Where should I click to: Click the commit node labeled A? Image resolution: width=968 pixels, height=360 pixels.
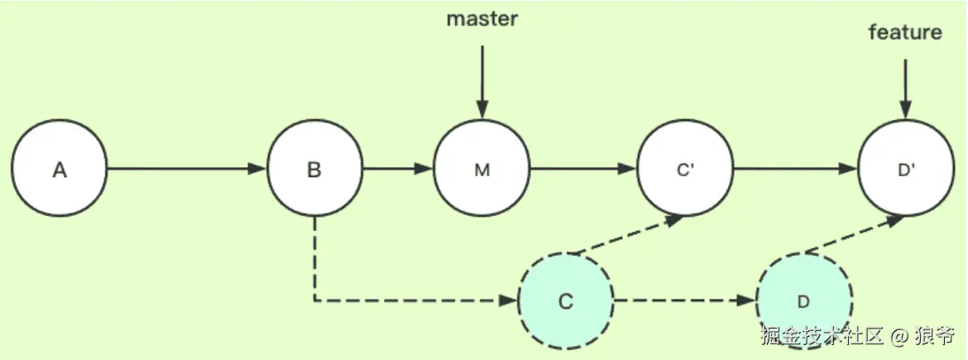tap(60, 170)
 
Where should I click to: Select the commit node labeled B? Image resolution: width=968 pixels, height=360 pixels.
tap(314, 170)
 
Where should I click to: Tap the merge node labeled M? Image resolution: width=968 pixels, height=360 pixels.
tap(482, 170)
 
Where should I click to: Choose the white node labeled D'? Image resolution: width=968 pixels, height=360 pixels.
tap(905, 170)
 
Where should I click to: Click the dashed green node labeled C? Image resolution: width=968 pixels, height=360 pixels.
tap(565, 300)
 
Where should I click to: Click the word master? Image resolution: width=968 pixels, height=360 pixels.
tap(482, 19)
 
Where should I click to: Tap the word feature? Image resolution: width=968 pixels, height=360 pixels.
tap(905, 32)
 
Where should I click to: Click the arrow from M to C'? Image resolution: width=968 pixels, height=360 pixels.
tap(582, 170)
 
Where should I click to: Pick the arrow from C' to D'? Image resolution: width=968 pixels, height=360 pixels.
tap(794, 170)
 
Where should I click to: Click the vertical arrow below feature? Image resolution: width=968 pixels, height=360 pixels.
tap(905, 88)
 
